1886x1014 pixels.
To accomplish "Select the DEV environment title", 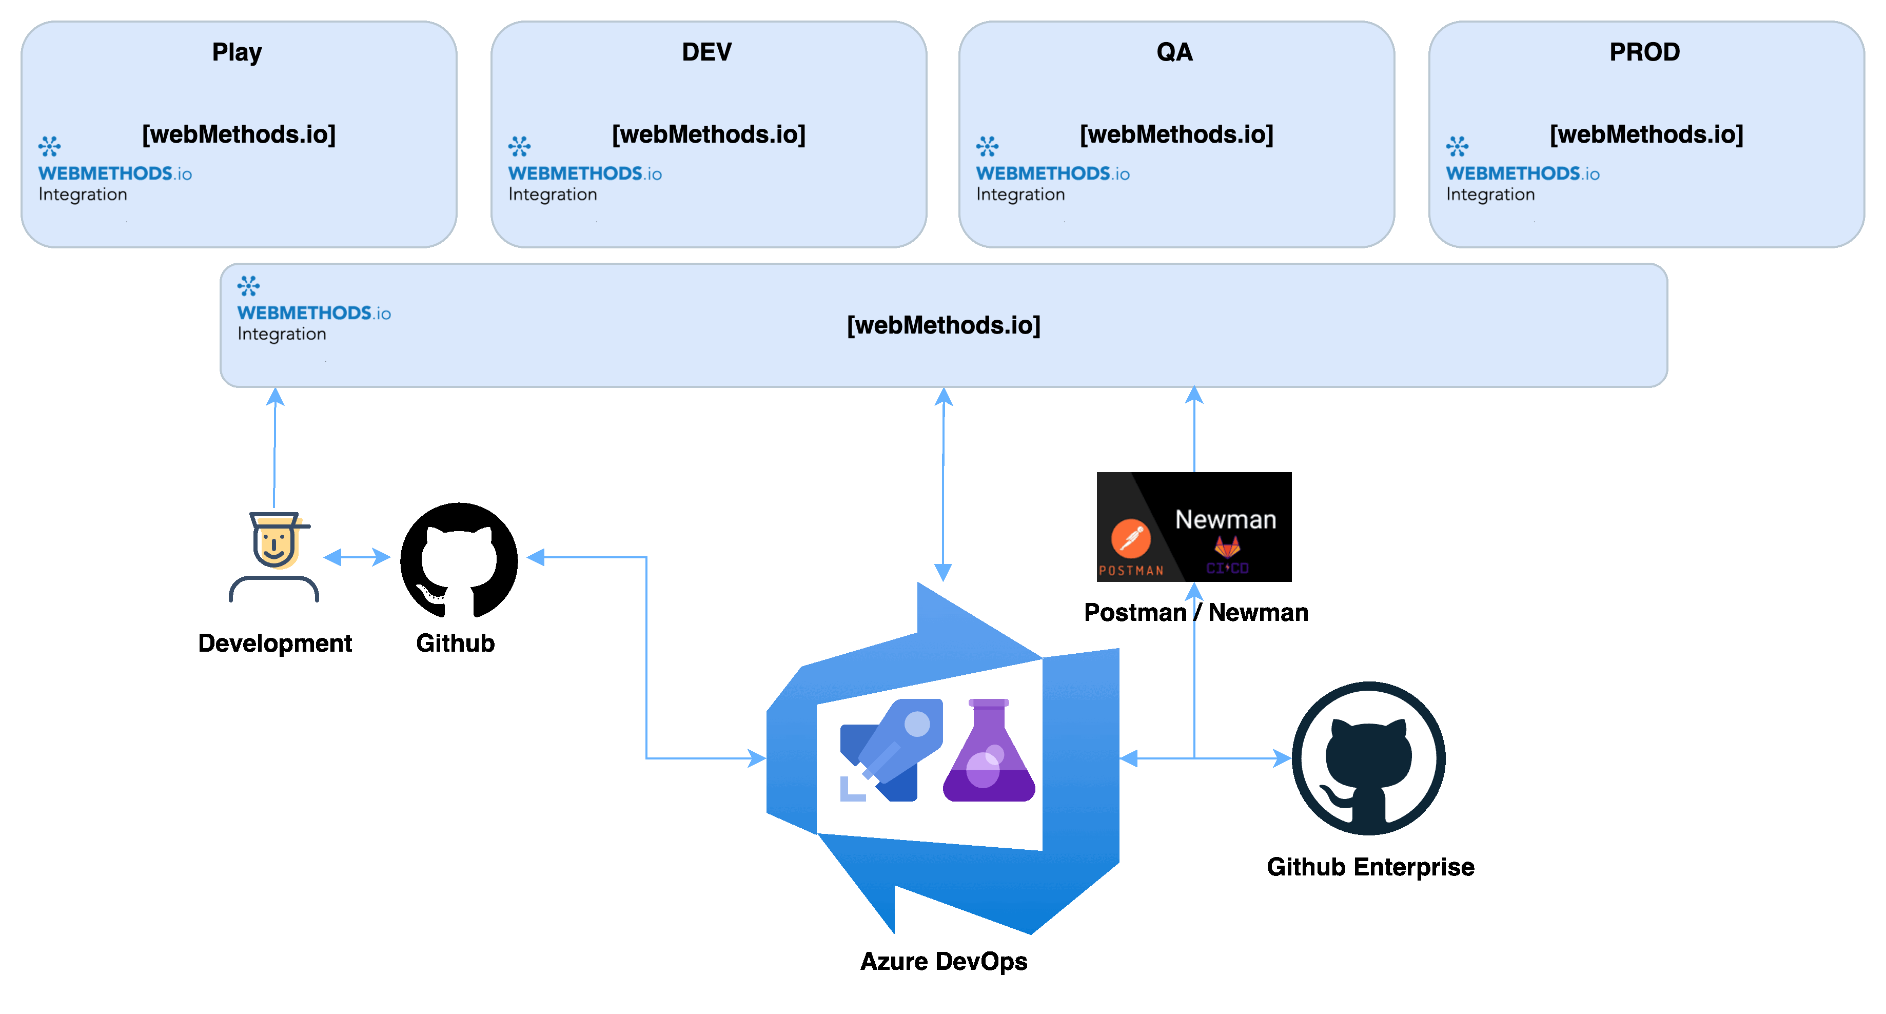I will pos(706,52).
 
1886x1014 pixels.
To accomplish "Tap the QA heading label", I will pos(1174,52).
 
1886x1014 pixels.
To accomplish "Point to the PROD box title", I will pos(1644,52).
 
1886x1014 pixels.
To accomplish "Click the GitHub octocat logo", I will pos(1368,758).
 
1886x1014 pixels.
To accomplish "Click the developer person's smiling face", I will pos(276,544).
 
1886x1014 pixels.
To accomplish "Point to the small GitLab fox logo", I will pos(1227,546).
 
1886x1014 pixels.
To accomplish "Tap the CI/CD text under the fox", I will pos(1227,568).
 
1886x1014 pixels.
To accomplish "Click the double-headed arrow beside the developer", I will pos(357,557).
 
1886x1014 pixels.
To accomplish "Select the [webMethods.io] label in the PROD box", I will pos(1646,135).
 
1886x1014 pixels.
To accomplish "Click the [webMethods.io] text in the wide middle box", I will pos(943,325).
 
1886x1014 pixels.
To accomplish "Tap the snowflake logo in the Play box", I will pos(49,146).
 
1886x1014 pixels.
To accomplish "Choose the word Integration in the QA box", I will pos(1020,195).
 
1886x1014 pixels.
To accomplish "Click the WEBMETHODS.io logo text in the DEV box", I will pos(584,173).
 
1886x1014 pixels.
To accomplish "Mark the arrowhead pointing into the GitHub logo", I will pos(1283,758).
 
